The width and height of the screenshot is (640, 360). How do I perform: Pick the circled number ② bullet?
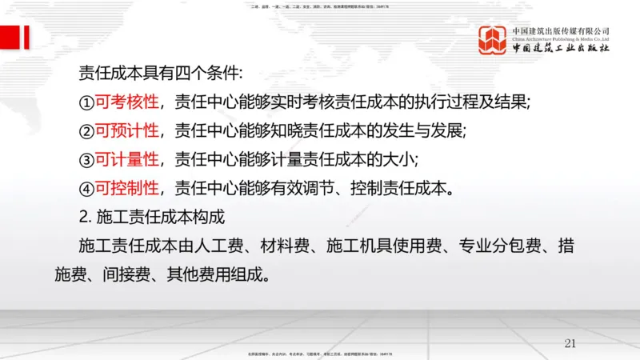86,131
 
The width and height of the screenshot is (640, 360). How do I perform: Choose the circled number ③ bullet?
86,160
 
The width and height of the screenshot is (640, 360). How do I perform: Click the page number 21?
570,343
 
